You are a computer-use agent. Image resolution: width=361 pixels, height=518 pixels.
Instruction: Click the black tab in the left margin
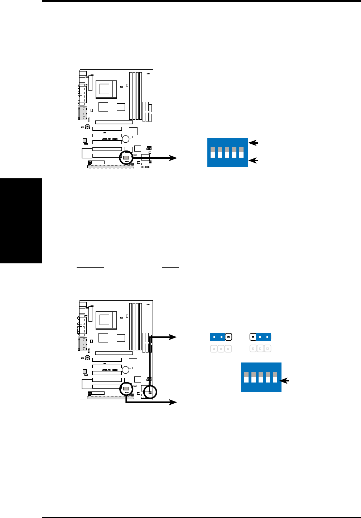tap(21, 221)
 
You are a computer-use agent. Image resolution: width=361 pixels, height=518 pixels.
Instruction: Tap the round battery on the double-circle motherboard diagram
tap(126, 370)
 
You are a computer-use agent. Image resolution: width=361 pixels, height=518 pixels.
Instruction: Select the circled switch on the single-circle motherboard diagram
tap(126, 158)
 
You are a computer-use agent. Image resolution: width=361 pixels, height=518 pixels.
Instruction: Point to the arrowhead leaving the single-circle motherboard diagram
tap(173, 158)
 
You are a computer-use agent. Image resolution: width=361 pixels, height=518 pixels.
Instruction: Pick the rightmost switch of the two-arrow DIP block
tap(241, 152)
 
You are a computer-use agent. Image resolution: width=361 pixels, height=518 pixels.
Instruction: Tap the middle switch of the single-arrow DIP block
tap(261, 377)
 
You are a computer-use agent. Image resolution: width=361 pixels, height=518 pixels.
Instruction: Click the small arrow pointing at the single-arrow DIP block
tap(285, 381)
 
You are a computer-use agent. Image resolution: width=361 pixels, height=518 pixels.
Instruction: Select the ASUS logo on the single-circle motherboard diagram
tap(106, 139)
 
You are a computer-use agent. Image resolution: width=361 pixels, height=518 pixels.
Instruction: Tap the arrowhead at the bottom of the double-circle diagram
tap(173, 403)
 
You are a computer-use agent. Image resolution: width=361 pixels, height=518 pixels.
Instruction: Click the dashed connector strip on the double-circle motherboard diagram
tap(111, 397)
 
